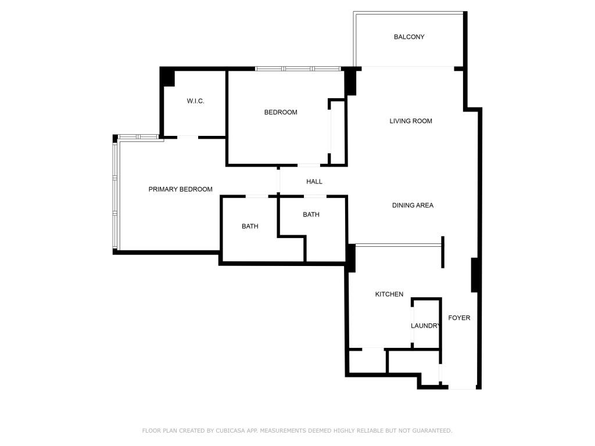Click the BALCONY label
409,37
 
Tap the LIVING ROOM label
411,121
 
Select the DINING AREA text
413,206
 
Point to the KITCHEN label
389,294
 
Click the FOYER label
459,318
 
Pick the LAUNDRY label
426,326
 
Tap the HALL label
314,182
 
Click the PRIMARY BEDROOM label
180,189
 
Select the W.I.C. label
195,101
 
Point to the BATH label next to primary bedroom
250,226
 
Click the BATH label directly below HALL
311,215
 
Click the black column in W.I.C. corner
168,77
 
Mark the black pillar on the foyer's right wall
475,275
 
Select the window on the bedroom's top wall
298,69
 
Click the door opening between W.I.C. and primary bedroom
187,137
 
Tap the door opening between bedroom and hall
309,166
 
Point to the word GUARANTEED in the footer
431,431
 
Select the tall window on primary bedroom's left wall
116,195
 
